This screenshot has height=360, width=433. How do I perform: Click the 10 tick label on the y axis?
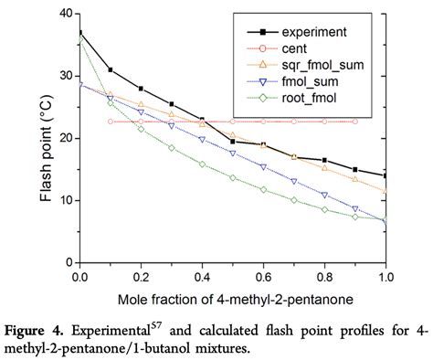click(x=65, y=200)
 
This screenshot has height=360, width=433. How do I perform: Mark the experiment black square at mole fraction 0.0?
click(x=79, y=33)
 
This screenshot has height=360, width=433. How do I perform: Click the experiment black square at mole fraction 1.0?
click(x=385, y=175)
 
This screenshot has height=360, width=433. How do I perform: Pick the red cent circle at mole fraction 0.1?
click(x=111, y=121)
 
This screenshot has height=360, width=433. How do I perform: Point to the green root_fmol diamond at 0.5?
click(x=233, y=178)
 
